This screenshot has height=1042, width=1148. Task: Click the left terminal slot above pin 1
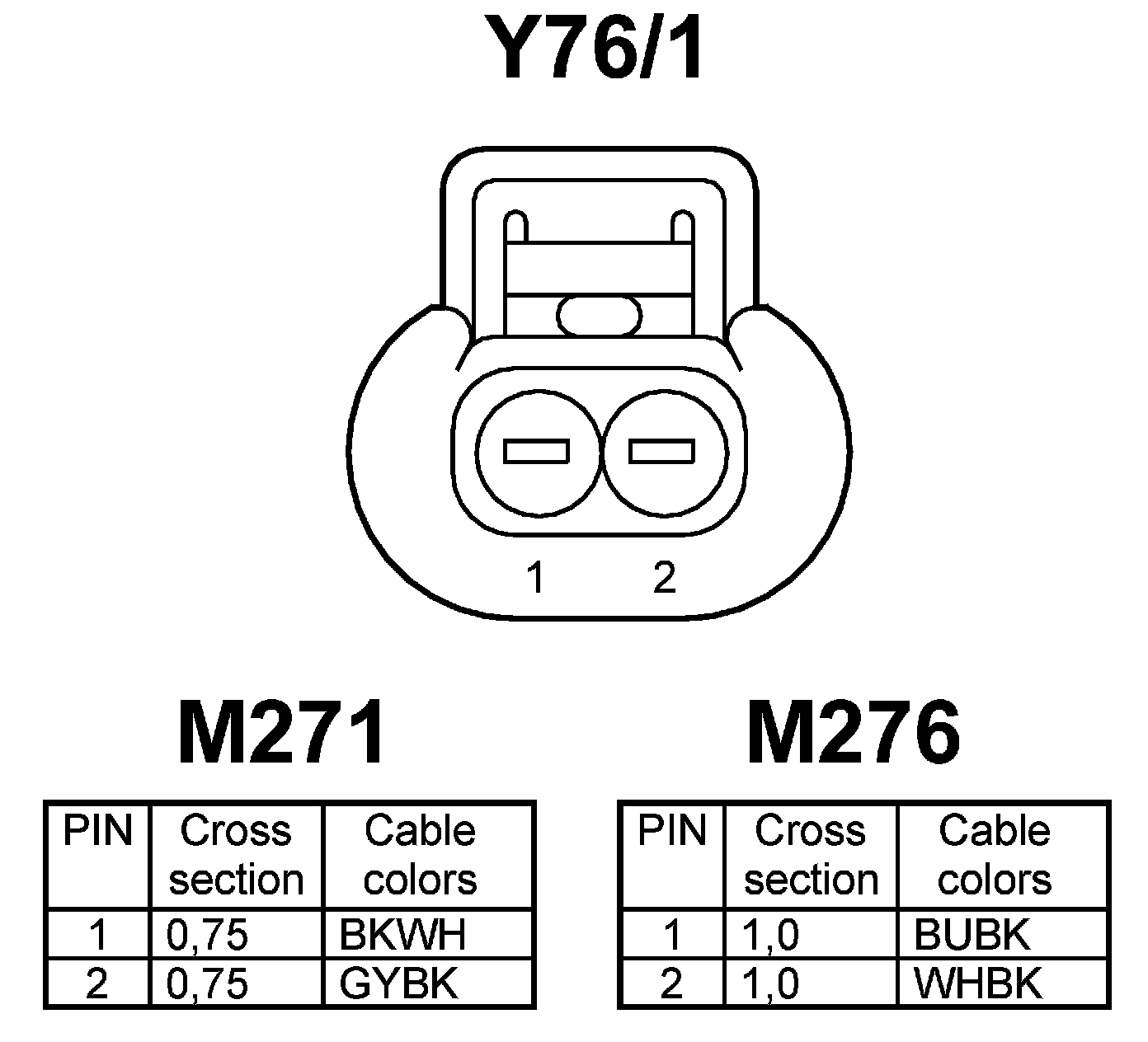pos(537,451)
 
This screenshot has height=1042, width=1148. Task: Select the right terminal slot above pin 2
pos(662,451)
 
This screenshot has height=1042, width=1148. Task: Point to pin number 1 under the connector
pos(536,577)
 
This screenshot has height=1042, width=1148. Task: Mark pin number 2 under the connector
pos(664,577)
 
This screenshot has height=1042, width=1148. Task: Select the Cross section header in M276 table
pos(811,855)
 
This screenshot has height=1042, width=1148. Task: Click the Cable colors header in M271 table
pos(421,855)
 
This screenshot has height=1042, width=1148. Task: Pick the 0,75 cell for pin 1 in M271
pos(208,935)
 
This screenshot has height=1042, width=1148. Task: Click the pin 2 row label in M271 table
pos(97,983)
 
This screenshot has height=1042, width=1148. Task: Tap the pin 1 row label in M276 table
pos(672,935)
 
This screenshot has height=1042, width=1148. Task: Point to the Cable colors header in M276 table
pos(995,855)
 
